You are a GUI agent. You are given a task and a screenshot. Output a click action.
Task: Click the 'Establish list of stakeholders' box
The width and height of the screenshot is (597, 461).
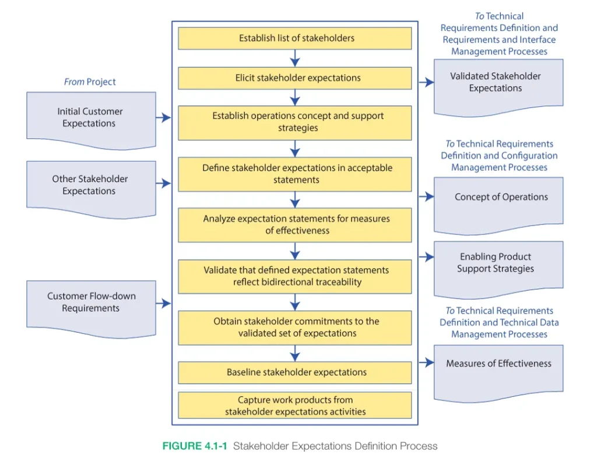[x=294, y=38]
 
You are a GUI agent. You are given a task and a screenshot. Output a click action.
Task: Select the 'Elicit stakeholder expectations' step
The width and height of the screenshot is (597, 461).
[x=294, y=78]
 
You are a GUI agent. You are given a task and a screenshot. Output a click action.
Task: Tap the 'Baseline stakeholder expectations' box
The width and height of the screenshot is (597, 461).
[x=294, y=372]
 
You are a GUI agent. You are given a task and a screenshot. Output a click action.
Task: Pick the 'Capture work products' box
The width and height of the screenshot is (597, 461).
[x=294, y=406]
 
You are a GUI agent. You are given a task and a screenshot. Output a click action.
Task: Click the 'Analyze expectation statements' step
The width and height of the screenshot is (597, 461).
[x=294, y=225]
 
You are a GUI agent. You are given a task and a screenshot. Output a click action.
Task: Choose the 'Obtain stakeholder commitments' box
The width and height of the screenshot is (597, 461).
[x=294, y=328]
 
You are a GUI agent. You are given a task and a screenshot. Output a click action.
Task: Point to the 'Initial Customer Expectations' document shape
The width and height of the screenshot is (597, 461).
[x=91, y=120]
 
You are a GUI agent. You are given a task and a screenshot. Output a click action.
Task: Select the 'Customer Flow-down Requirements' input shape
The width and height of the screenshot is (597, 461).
[x=91, y=309]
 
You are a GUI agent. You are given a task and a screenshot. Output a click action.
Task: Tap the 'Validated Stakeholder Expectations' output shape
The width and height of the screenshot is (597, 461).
[x=498, y=87]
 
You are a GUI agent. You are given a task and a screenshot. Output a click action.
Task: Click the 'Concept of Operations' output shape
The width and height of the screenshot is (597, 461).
[x=498, y=206]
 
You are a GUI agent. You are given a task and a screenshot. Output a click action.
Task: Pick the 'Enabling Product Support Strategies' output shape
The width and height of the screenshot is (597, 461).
[x=498, y=269]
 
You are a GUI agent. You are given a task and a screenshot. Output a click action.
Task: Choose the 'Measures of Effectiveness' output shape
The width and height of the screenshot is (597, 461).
[x=498, y=374]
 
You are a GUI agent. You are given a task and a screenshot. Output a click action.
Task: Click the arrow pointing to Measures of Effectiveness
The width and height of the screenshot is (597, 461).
[x=426, y=363]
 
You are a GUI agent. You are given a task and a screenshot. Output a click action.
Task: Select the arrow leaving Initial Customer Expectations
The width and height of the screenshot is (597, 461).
[x=163, y=118]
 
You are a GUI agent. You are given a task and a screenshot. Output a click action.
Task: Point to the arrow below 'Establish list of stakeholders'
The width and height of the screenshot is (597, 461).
[x=294, y=58]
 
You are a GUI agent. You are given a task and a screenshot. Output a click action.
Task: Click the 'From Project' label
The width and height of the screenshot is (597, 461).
[x=90, y=82]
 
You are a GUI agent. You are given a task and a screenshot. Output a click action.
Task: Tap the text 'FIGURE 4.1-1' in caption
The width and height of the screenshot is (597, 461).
[x=195, y=446]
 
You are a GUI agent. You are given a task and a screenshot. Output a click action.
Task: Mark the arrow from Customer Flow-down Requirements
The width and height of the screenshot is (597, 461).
[x=163, y=304]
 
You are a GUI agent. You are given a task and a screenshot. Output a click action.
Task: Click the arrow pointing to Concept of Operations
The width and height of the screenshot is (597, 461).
[x=426, y=196]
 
